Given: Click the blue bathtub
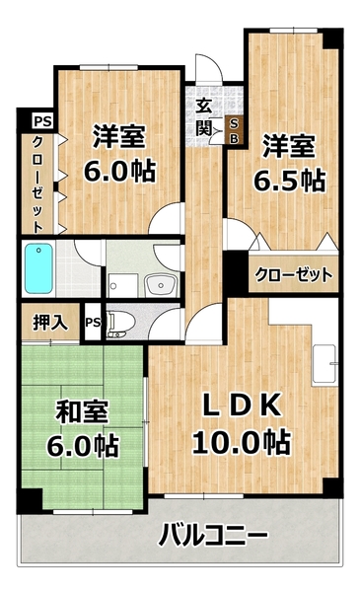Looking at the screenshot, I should [x=38, y=265].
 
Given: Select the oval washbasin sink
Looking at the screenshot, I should [x=160, y=285].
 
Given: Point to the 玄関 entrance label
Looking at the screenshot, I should [x=205, y=117].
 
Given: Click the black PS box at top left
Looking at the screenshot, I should [x=40, y=121].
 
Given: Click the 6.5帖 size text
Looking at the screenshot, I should [x=293, y=181].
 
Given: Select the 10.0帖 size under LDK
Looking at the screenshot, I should [x=242, y=443].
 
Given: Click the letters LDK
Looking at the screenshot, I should [x=244, y=406].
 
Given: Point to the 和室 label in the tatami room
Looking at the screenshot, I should [x=82, y=410].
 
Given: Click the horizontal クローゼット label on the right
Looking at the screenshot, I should [x=293, y=275].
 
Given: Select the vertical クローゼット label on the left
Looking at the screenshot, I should [x=36, y=184].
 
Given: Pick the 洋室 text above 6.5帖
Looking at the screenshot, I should [x=288, y=146].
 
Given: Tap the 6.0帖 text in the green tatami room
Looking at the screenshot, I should [x=82, y=445].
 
